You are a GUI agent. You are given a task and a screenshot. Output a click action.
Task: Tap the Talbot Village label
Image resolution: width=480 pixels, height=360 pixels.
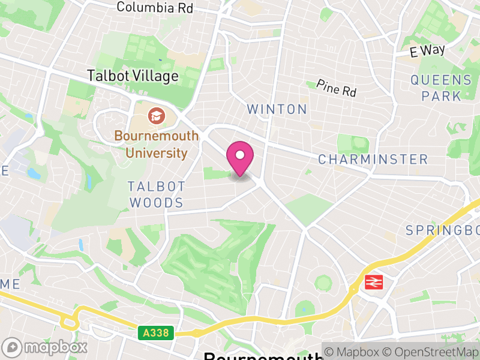click(133, 76)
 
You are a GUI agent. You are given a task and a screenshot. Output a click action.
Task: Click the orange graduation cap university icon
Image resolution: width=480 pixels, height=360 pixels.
click(156, 115)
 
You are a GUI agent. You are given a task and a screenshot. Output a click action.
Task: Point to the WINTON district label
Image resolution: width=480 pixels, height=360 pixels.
click(277, 109)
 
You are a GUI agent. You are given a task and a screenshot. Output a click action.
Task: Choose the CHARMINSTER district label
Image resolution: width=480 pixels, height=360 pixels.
click(373, 159)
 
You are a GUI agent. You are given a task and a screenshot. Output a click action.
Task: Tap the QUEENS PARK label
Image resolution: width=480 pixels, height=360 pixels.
click(441, 88)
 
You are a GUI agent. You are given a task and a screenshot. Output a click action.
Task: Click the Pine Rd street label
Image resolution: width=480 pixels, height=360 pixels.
click(336, 89)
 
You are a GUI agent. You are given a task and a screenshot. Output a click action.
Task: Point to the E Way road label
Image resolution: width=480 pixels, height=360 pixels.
click(427, 51)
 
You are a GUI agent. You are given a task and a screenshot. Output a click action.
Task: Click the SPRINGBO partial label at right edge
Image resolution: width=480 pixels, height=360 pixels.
click(442, 230)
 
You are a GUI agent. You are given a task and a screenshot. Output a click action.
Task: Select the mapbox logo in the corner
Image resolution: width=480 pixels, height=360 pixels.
click(45, 347)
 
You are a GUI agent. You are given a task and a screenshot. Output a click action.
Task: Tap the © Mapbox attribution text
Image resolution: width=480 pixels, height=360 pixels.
click(354, 352)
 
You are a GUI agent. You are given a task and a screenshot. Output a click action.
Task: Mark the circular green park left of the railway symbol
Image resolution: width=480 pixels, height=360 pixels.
click(324, 282)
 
